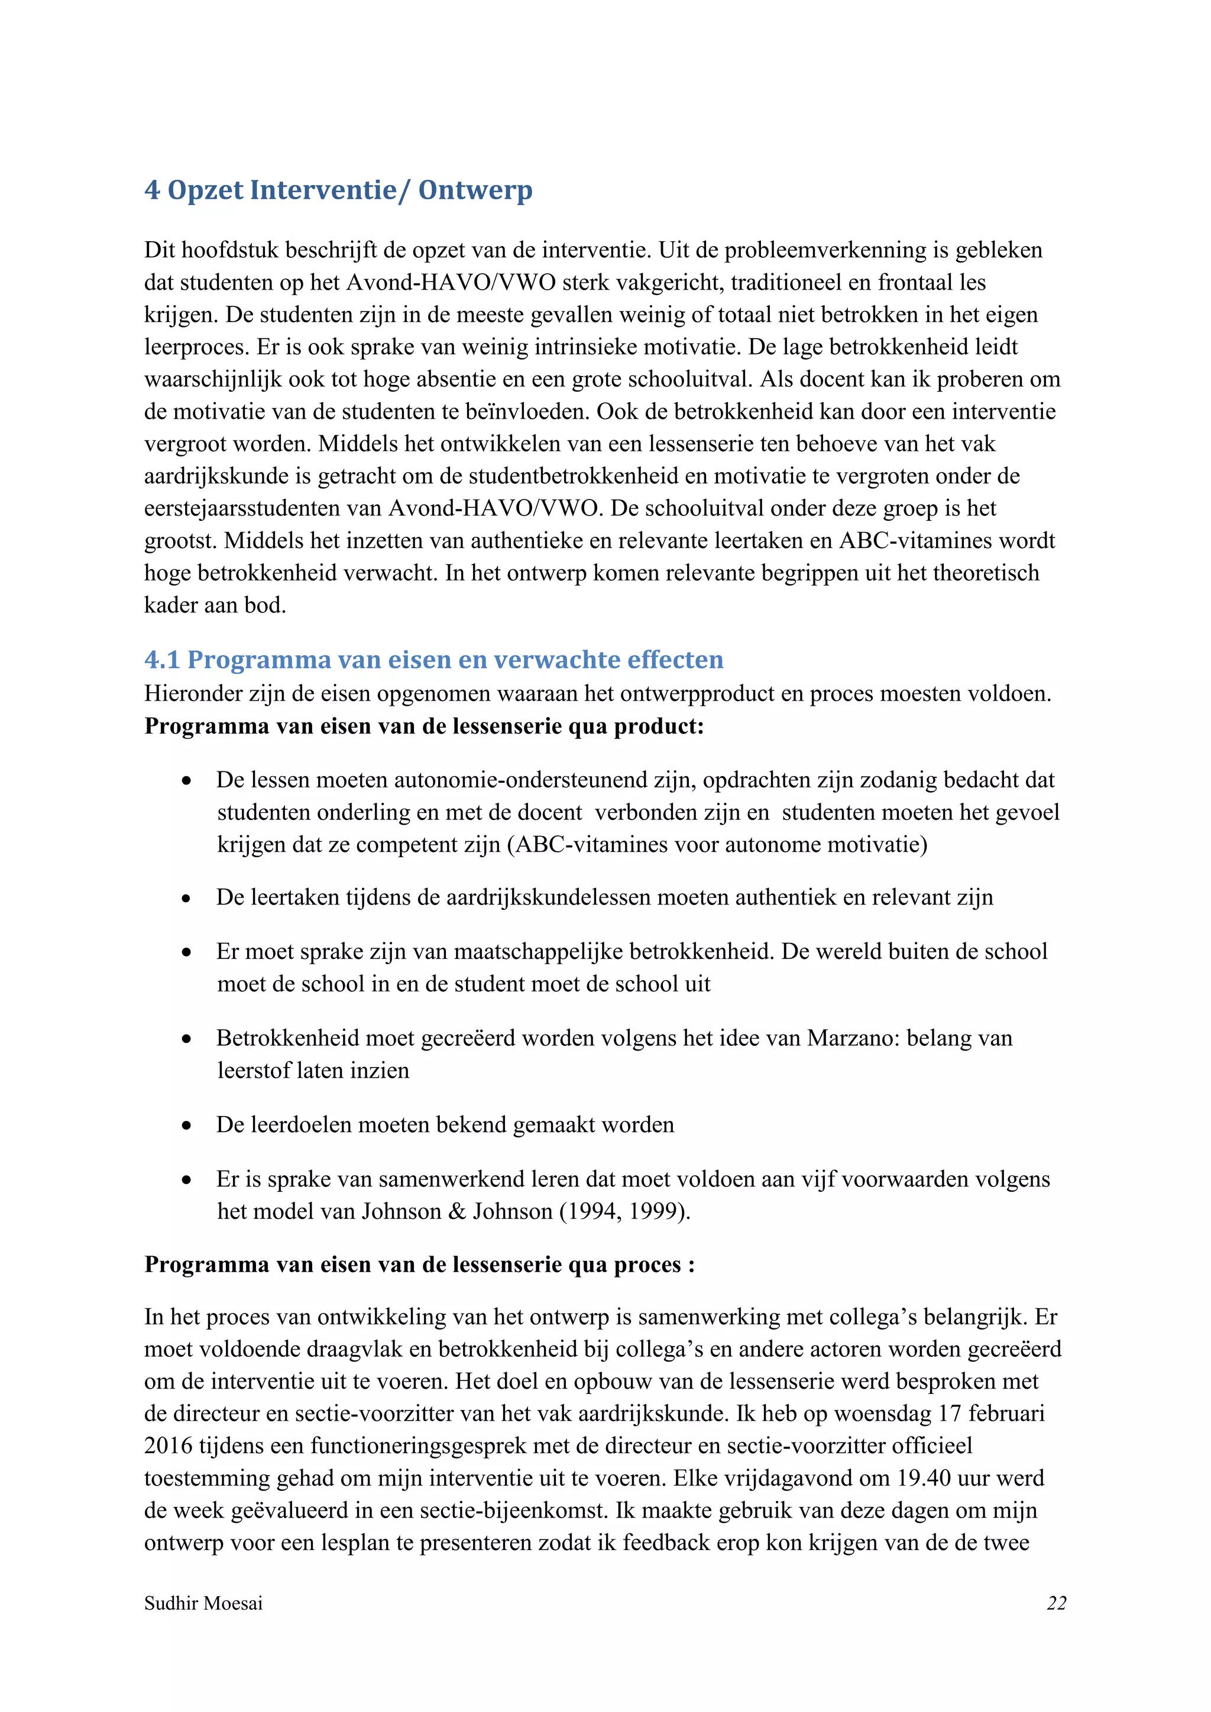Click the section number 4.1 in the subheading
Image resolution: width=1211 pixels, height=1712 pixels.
(162, 660)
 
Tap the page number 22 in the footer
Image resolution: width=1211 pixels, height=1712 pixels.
(1056, 1603)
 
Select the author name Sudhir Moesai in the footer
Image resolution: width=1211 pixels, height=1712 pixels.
(203, 1603)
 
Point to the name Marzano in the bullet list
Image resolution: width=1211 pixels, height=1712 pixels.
(853, 1038)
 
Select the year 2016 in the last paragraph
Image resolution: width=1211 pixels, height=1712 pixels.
(169, 1446)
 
